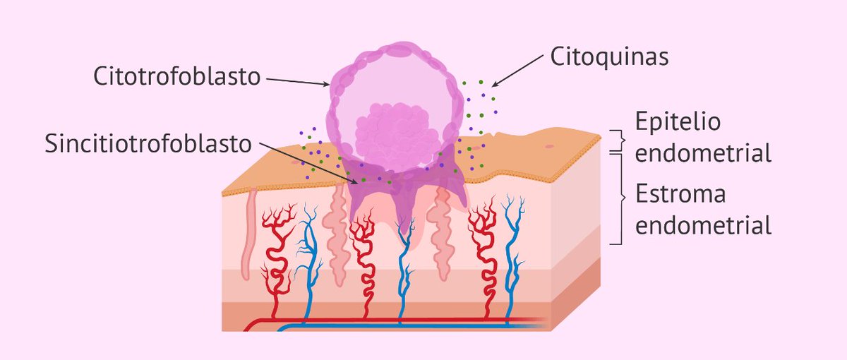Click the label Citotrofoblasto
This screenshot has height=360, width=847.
pyautogui.click(x=176, y=76)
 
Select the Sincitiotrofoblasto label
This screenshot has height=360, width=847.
pyautogui.click(x=148, y=143)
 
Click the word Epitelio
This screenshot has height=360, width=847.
pyautogui.click(x=678, y=121)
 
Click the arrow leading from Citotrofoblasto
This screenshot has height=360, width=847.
pyautogui.click(x=297, y=82)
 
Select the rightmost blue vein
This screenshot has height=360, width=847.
pyautogui.click(x=508, y=247)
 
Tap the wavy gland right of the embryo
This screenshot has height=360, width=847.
pyautogui.click(x=443, y=233)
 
